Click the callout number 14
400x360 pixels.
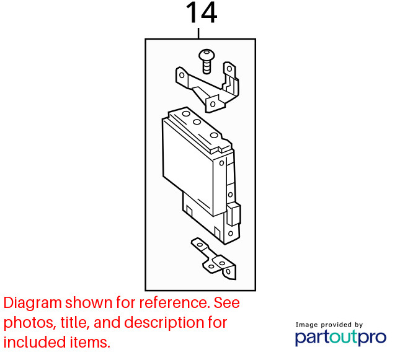(202, 13)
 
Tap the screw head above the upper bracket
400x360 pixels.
(207, 55)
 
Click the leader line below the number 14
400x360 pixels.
(198, 33)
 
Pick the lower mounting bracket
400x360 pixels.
(214, 259)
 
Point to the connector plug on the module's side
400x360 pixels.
(233, 214)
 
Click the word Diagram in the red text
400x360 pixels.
(33, 304)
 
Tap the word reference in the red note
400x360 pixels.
(173, 303)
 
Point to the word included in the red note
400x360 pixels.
(31, 342)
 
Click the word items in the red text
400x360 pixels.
(87, 343)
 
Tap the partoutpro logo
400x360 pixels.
(340, 338)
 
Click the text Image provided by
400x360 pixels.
(329, 325)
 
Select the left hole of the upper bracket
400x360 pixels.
(182, 75)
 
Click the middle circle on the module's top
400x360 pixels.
(197, 122)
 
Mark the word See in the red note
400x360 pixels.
(226, 303)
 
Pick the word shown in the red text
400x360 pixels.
(89, 303)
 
